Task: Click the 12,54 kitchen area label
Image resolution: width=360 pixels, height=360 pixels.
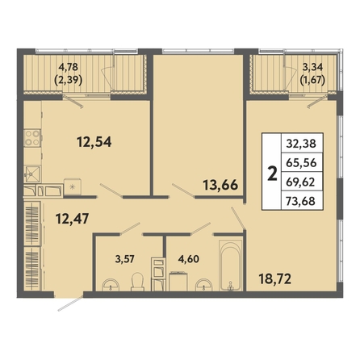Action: [x=94, y=142]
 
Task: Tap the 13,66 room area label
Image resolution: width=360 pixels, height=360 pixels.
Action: [x=220, y=185]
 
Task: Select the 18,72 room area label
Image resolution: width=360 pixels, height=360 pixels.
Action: [x=275, y=279]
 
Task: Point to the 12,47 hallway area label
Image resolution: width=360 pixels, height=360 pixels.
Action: [x=72, y=219]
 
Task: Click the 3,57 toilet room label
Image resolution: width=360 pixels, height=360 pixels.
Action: [x=124, y=259]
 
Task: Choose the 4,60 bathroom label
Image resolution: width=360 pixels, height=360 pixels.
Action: [x=189, y=259]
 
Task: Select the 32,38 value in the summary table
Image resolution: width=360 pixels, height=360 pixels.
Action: [x=301, y=144]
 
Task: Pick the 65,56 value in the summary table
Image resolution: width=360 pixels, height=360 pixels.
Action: [x=301, y=162]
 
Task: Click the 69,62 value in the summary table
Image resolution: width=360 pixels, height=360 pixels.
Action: [x=300, y=182]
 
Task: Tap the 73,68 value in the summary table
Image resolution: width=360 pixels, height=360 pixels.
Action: [x=300, y=201]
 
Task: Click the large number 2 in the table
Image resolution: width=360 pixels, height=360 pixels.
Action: [x=273, y=174]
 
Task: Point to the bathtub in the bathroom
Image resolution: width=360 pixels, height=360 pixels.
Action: [x=231, y=266]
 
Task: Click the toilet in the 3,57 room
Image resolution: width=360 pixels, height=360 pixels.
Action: [x=137, y=282]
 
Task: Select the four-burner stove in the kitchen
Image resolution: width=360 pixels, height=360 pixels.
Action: [x=32, y=138]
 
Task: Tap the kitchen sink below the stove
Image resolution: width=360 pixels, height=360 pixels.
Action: [x=32, y=174]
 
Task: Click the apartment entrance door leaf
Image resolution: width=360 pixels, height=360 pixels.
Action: [x=70, y=303]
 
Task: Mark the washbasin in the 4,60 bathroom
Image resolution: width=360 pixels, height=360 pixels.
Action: [x=203, y=285]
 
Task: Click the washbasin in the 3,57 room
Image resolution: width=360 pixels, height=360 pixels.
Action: [x=110, y=285]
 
